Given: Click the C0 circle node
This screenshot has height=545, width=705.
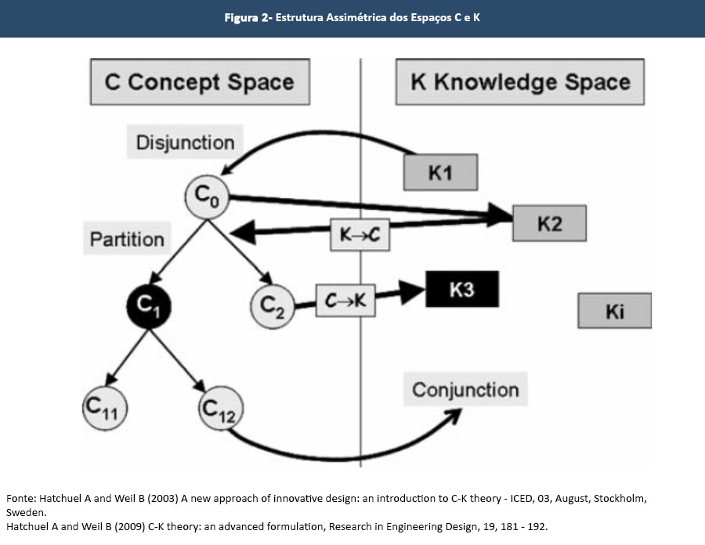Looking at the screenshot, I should coord(207,196).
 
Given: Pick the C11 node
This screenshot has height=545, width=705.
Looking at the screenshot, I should coord(105,407).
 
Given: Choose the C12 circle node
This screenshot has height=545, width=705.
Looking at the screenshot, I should coord(221,407).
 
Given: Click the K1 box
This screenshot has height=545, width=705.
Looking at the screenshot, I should coord(441,172).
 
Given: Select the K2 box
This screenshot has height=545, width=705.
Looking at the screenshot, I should coord(549,224).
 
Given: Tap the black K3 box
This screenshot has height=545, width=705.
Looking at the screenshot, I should coord(461,291).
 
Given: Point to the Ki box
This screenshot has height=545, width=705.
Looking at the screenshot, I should coord(615,311).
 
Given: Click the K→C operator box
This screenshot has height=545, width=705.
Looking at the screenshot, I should coord(360,235).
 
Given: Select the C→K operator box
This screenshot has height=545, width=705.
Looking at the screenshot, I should coord(345,301).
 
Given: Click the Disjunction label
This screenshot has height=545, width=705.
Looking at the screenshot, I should coord(185,143).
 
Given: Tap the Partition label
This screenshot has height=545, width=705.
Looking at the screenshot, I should coord(127,239).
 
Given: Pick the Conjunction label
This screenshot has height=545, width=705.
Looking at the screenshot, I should coord(465,389).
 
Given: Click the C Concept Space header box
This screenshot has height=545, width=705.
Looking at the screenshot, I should coord(199,82).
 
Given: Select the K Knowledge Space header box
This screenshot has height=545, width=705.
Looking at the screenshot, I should coord(520,82).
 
